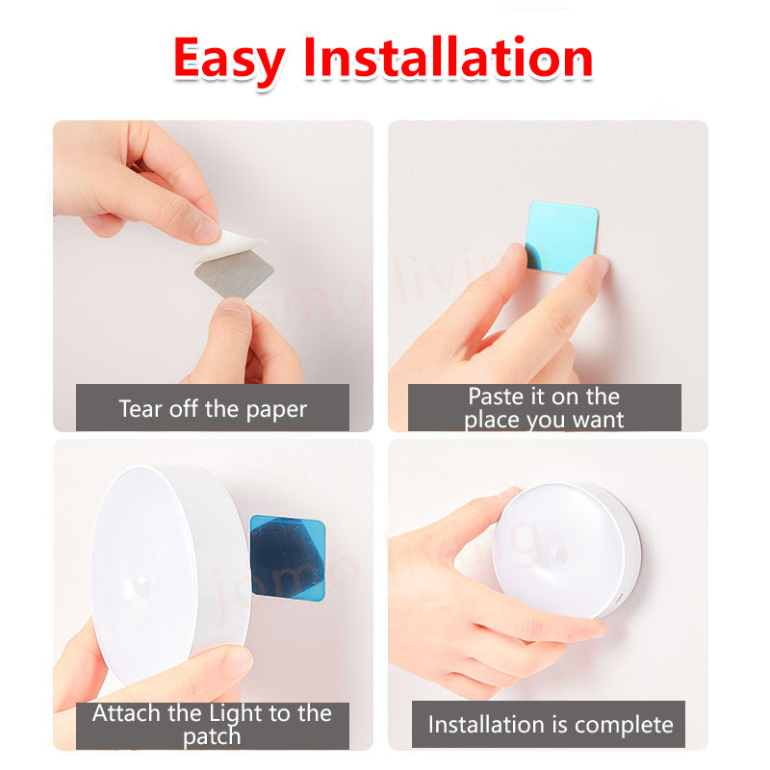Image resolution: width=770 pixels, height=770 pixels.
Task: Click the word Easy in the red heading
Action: point(229,62)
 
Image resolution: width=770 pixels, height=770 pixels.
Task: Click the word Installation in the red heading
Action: point(449,58)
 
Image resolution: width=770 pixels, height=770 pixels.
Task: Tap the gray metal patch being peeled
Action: point(234,273)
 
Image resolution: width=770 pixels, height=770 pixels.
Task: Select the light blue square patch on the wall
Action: point(561,237)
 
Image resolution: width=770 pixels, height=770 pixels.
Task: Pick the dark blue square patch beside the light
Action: point(288,557)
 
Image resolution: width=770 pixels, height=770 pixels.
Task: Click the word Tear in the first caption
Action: point(141,408)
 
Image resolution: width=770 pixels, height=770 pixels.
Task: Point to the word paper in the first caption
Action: point(276,411)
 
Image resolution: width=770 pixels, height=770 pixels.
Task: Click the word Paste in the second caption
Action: point(496,397)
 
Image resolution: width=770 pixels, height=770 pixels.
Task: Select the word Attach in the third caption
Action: point(127,713)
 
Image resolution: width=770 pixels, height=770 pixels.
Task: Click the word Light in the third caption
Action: point(236,714)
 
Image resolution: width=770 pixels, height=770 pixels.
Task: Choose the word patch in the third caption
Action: point(212,737)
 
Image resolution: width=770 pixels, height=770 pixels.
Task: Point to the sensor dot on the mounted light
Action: point(559,555)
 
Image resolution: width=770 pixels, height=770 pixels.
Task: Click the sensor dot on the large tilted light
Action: point(141,583)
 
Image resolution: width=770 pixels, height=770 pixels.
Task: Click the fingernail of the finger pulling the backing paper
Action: point(206,230)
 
